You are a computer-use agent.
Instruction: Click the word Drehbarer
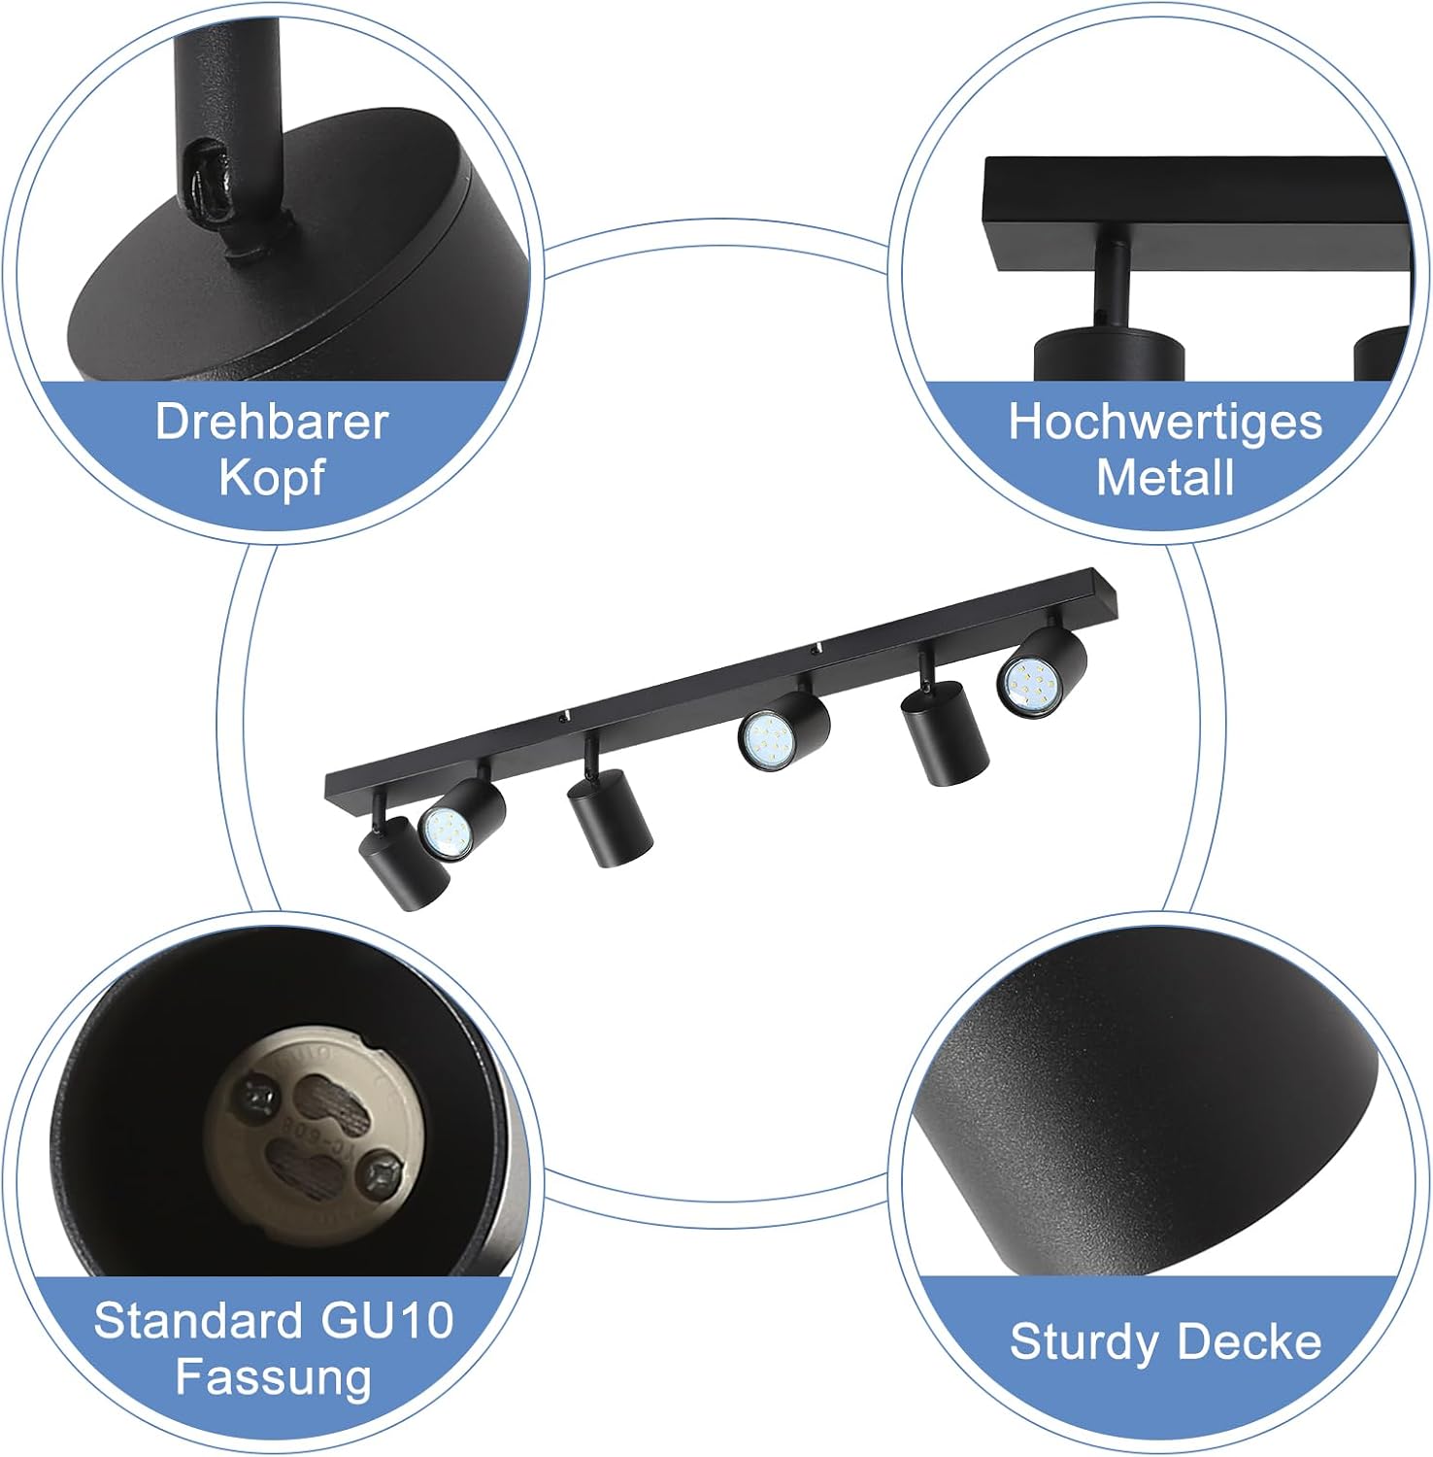pyautogui.click(x=272, y=423)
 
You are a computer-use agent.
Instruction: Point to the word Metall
pyautogui.click(x=1165, y=478)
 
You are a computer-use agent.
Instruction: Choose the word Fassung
pyautogui.click(x=274, y=1378)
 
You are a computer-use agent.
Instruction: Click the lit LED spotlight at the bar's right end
pyautogui.click(x=1039, y=672)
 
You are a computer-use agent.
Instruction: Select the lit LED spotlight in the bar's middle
pyautogui.click(x=782, y=730)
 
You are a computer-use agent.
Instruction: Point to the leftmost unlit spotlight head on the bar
pyautogui.click(x=402, y=863)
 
